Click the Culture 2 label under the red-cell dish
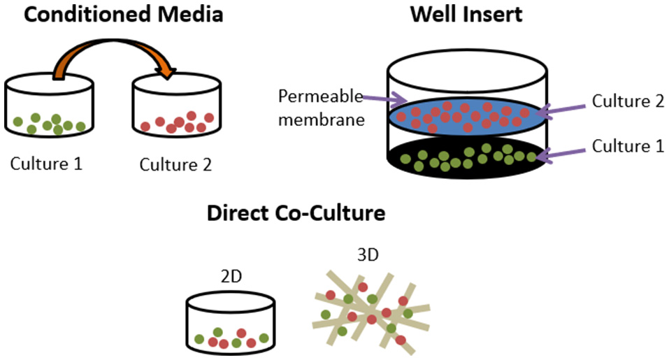pos(175,165)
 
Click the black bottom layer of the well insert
pos(466,159)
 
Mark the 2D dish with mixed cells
pos(230,324)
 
